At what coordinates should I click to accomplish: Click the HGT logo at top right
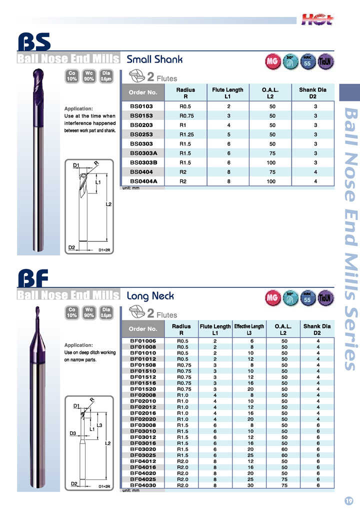[x=317, y=19]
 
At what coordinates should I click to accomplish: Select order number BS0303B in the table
[x=143, y=162]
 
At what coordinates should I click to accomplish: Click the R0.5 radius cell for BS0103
[x=185, y=106]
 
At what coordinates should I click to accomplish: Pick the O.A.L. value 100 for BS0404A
[x=271, y=181]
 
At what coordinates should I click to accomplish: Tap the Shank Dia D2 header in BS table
[x=312, y=93]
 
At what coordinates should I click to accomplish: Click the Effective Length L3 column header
[x=249, y=329]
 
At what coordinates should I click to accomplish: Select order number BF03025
[x=143, y=455]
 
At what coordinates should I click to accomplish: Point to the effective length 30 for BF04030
[x=250, y=485]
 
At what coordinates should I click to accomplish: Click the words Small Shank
[x=154, y=59]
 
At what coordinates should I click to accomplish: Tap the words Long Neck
[x=150, y=296]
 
